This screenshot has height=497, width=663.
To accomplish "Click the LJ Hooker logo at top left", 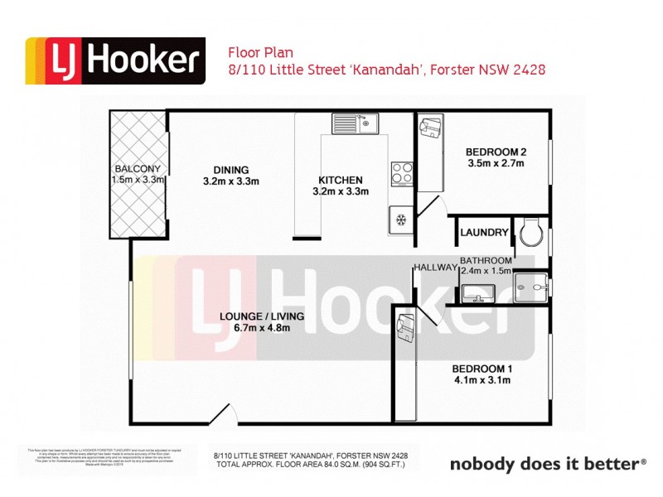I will [x=115, y=61].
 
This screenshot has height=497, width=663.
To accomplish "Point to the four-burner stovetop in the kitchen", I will [x=402, y=172].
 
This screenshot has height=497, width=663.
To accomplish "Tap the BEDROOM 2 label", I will [x=496, y=152].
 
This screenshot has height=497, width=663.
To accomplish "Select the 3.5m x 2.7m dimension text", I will [x=496, y=164].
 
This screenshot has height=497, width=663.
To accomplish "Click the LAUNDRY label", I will [x=484, y=233].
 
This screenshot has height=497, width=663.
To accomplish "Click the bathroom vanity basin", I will [x=479, y=292].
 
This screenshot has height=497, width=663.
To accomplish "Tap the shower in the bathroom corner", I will [x=530, y=287].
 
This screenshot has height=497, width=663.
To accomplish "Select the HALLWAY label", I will [x=436, y=267].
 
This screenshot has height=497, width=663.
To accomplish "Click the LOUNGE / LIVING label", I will [x=262, y=316].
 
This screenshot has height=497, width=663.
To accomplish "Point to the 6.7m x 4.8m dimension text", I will [x=262, y=329].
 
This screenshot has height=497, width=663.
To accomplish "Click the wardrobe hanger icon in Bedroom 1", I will [x=406, y=328].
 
